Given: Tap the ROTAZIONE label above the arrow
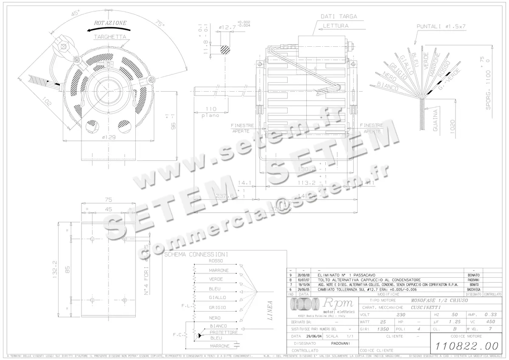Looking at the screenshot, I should (x=110, y=22).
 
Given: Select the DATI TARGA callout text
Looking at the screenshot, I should (x=338, y=17).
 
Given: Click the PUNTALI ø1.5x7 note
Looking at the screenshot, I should (x=441, y=26).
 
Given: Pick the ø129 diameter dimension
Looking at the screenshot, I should (x=109, y=137).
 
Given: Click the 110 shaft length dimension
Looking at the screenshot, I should (x=211, y=109).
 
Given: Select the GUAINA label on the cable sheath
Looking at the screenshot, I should (x=435, y=120).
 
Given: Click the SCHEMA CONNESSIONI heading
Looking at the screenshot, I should (x=196, y=254).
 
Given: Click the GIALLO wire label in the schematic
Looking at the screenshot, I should (x=218, y=298).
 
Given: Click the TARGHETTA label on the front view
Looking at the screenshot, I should (x=110, y=37).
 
